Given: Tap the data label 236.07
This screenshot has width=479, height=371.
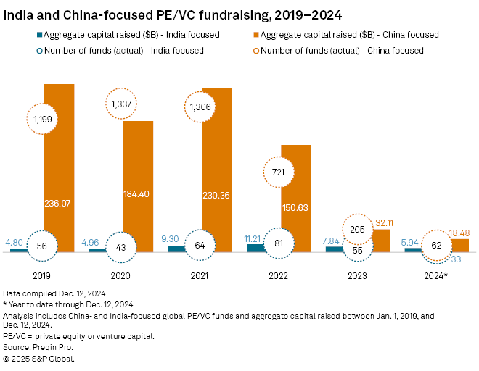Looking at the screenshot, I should point(60,204).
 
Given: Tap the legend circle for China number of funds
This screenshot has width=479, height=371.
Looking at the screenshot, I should point(253,50).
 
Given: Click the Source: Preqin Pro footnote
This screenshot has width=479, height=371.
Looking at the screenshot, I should point(42,348).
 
